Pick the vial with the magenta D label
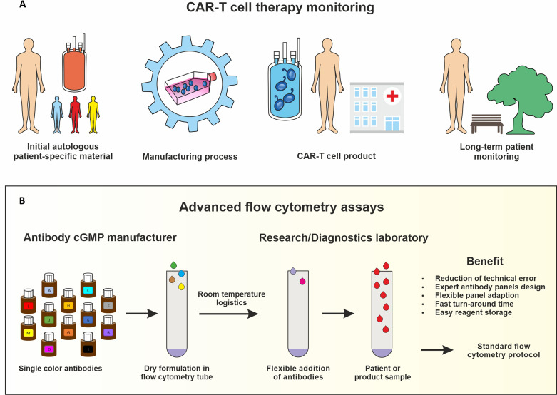click(x=48, y=350)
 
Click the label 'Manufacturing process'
click(x=190, y=156)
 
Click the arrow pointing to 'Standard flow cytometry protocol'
click(x=438, y=350)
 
